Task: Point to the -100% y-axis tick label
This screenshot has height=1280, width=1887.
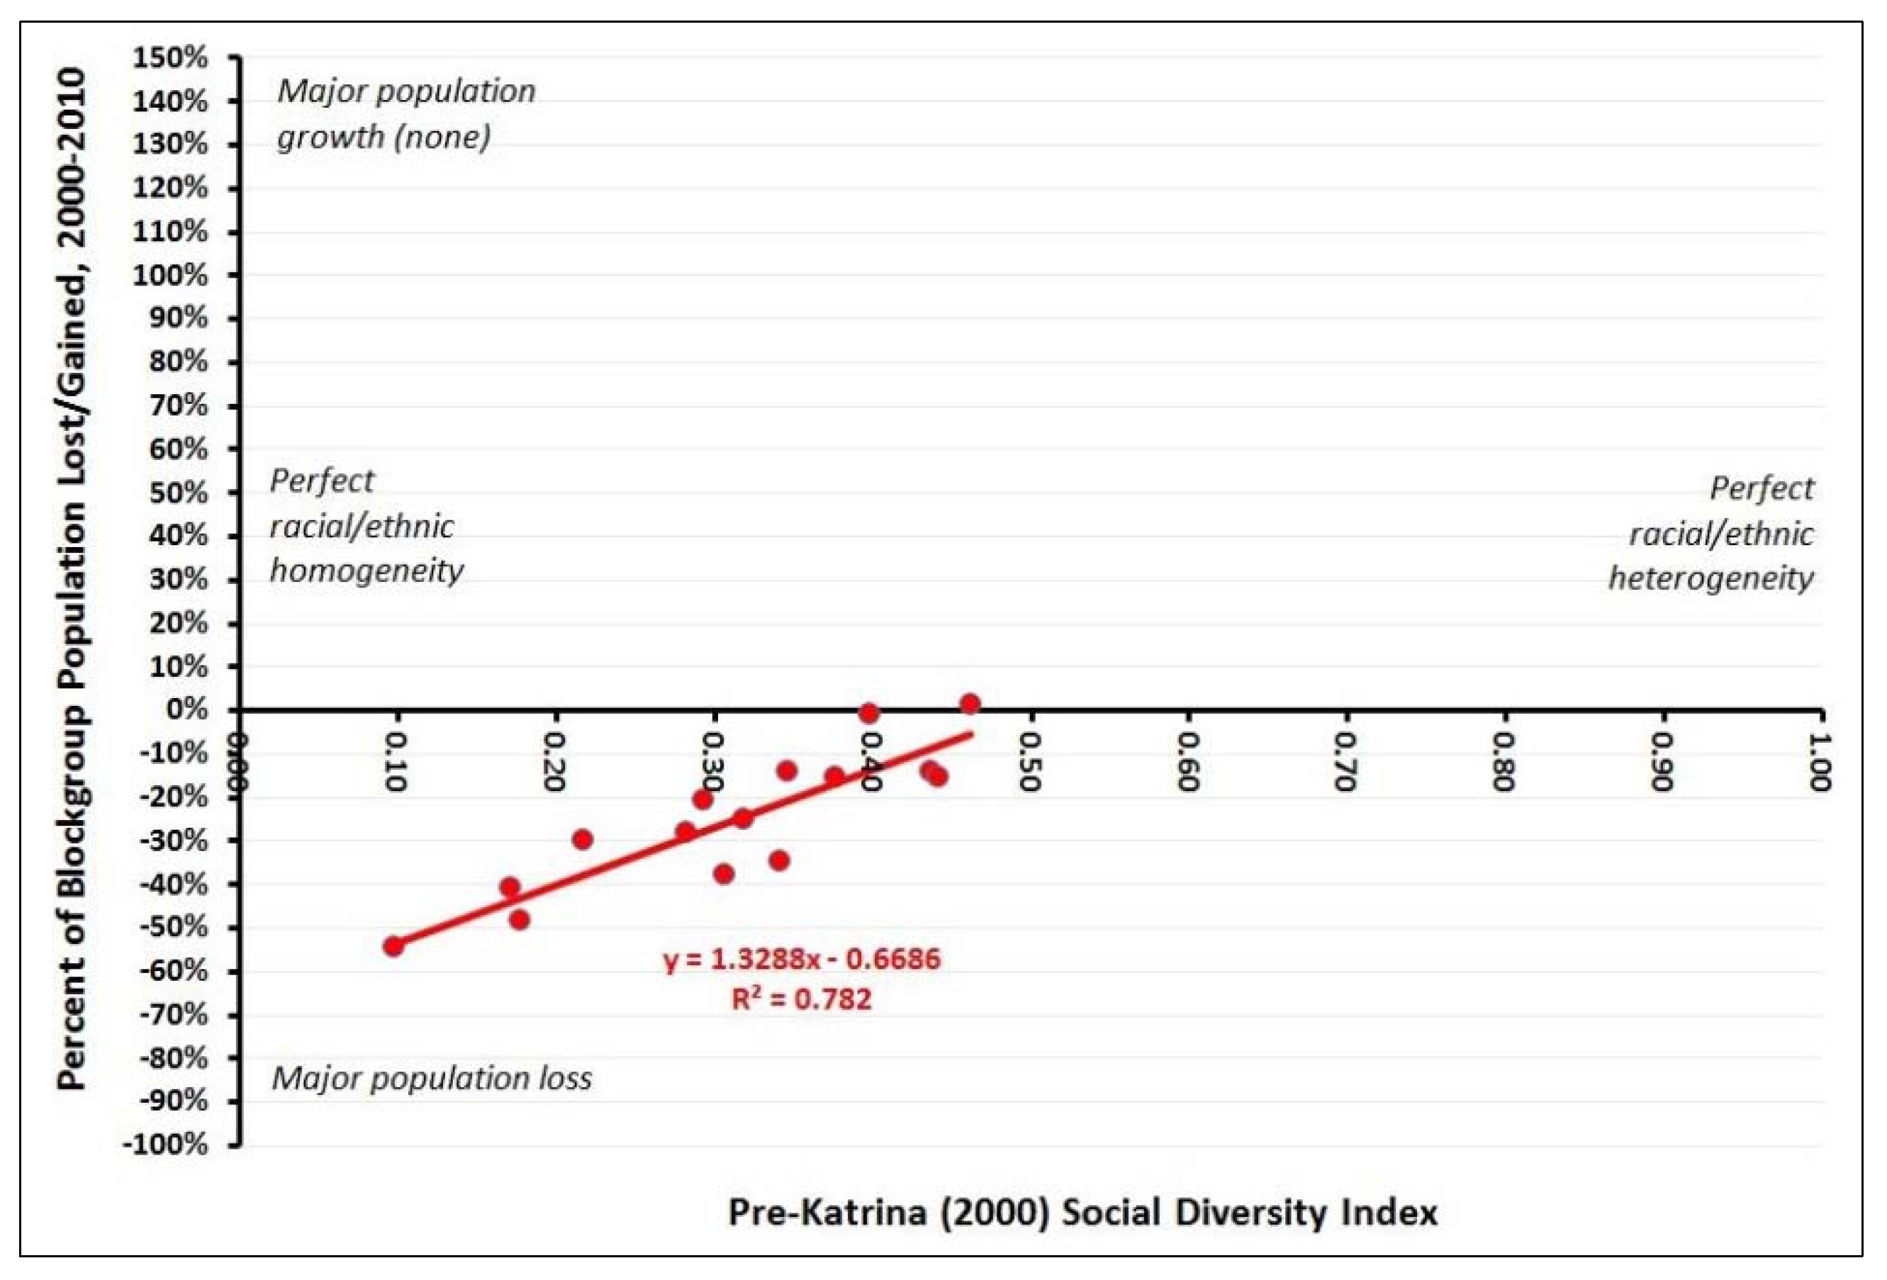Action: pos(166,1145)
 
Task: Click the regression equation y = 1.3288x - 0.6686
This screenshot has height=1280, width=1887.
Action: pos(802,960)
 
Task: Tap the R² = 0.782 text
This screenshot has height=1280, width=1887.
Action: pos(802,999)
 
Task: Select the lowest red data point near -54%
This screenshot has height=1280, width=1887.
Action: pos(394,946)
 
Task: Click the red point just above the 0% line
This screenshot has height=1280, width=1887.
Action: pos(970,704)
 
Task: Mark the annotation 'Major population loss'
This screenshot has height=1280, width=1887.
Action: pos(431,1079)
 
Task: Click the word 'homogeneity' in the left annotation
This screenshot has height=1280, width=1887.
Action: pos(366,571)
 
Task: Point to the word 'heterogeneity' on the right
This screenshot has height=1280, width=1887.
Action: pos(1710,578)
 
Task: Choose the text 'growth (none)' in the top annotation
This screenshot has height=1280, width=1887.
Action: pos(384,136)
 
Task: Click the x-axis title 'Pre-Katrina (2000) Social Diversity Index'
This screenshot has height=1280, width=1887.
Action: pos(1082,1213)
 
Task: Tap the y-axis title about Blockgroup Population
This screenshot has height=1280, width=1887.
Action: pos(72,578)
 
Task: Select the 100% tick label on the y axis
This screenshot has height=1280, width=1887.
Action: pos(171,275)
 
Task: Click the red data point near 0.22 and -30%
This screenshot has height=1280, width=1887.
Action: pos(582,839)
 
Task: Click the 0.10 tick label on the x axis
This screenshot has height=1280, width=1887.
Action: pos(396,762)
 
